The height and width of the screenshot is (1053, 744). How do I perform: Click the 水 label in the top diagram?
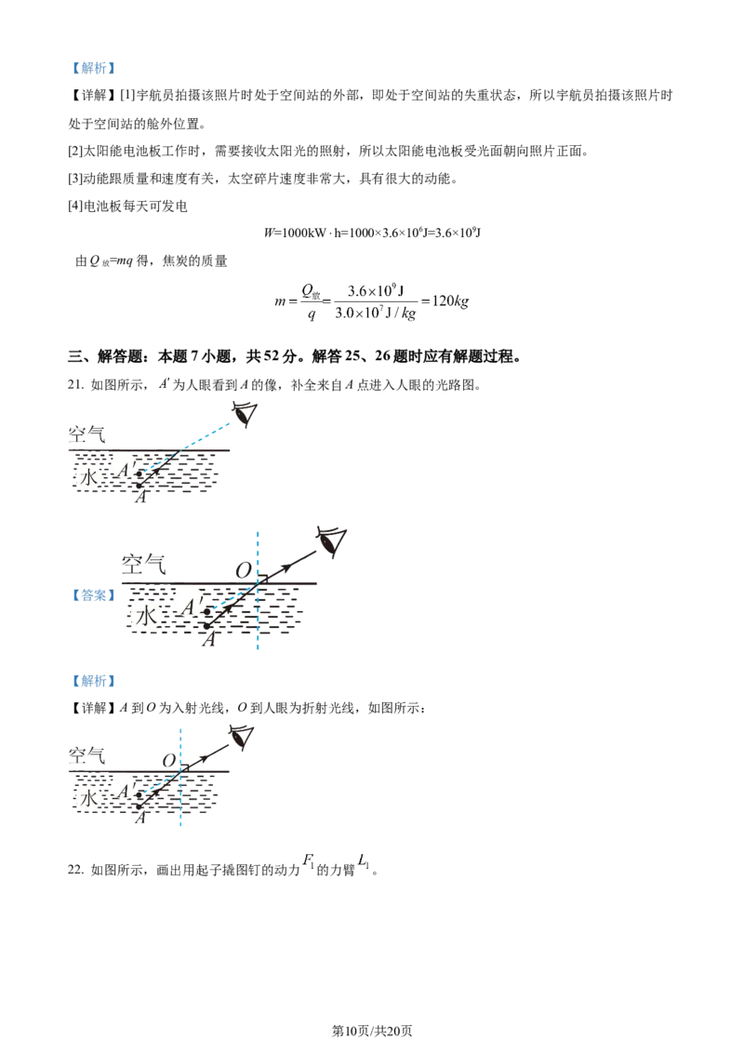pyautogui.click(x=86, y=478)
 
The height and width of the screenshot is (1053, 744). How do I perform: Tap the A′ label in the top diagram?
pyautogui.click(x=125, y=468)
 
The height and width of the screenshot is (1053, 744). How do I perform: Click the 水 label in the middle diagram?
pyautogui.click(x=144, y=616)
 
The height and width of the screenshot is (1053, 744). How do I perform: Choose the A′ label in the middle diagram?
pyautogui.click(x=191, y=606)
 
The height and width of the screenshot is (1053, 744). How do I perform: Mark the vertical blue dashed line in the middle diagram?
pyautogui.click(x=256, y=623)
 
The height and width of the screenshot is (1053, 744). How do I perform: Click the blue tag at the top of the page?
pyautogui.click(x=94, y=68)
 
